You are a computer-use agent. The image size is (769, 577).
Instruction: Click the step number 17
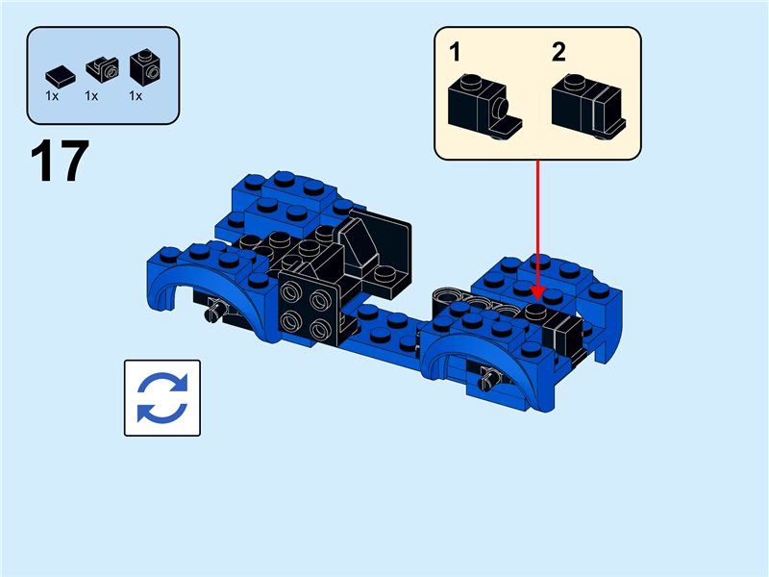click(x=60, y=161)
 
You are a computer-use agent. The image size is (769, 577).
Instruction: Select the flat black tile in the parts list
click(x=59, y=72)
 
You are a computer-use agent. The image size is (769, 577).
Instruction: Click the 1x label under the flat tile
click(x=52, y=96)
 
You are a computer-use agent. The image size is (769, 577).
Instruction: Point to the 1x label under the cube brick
click(x=136, y=96)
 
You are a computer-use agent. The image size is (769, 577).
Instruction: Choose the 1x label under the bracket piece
click(x=92, y=96)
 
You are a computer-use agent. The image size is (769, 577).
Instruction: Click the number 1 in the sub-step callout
click(x=456, y=52)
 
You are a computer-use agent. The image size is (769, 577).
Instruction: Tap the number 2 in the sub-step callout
click(x=558, y=52)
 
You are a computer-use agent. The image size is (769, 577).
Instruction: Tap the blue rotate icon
click(x=162, y=398)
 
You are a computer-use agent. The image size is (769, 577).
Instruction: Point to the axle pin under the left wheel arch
click(x=217, y=310)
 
